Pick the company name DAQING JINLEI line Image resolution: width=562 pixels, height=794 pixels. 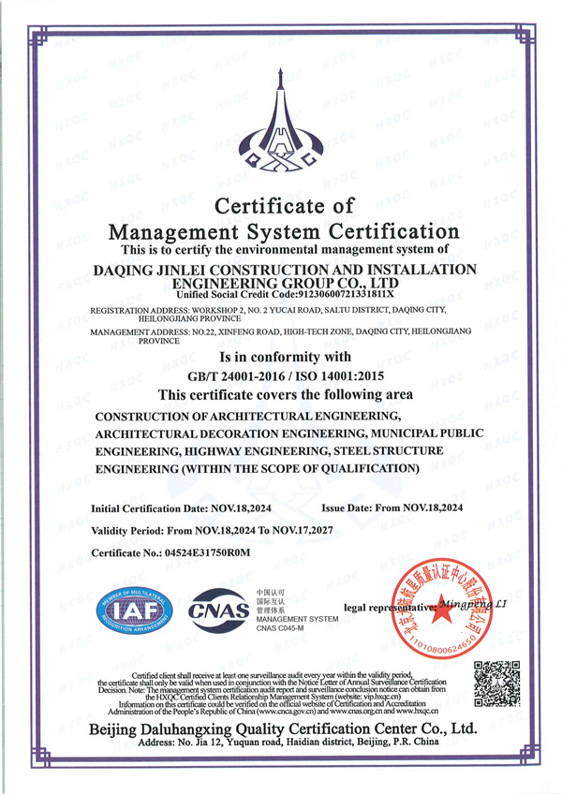[281, 269]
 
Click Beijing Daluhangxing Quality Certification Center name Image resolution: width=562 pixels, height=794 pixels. [281, 728]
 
